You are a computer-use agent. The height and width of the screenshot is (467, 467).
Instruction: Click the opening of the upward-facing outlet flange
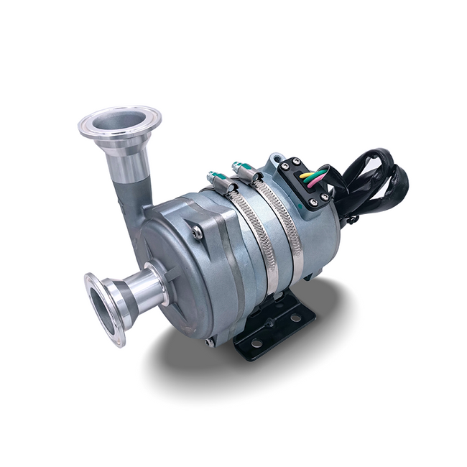click(119, 121)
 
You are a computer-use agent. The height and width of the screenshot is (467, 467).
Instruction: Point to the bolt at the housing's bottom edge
click(210, 343)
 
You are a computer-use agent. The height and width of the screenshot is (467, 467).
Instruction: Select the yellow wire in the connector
click(308, 175)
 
